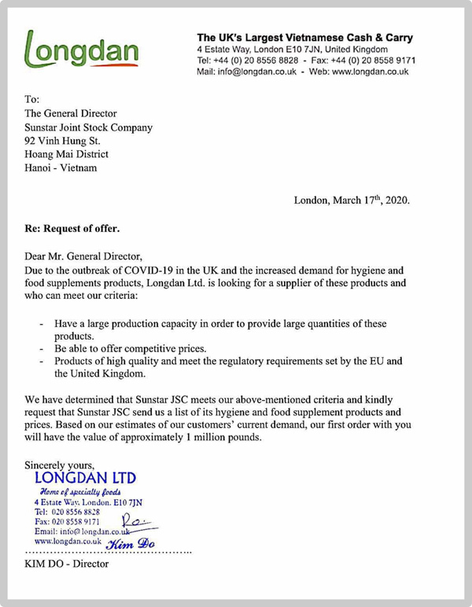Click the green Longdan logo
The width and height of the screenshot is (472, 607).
(x=82, y=50)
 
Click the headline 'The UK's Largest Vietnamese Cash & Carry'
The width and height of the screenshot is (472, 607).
(x=304, y=38)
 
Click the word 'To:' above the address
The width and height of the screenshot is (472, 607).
(x=32, y=99)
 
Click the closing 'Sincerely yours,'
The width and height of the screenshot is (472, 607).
(x=60, y=465)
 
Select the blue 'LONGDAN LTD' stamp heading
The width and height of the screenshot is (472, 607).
(x=86, y=478)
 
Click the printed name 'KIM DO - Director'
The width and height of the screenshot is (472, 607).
(x=67, y=564)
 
